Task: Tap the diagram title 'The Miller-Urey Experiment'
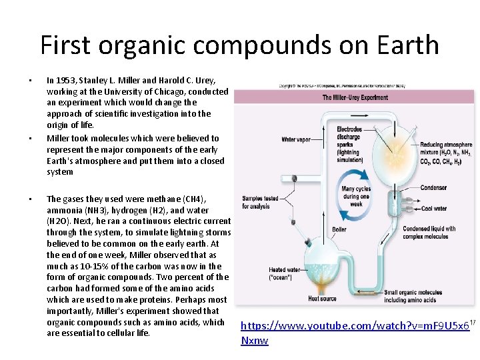(x=355, y=97)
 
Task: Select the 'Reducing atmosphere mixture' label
(x=446, y=153)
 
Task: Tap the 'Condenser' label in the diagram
(x=433, y=188)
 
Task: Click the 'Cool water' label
(x=434, y=209)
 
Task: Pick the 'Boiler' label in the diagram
(x=339, y=230)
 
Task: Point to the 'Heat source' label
(x=323, y=299)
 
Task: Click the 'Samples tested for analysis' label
(x=260, y=202)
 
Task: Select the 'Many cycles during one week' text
(x=355, y=197)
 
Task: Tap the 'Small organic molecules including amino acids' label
(x=418, y=296)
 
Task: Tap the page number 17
(x=472, y=323)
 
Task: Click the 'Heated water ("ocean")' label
(x=283, y=273)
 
